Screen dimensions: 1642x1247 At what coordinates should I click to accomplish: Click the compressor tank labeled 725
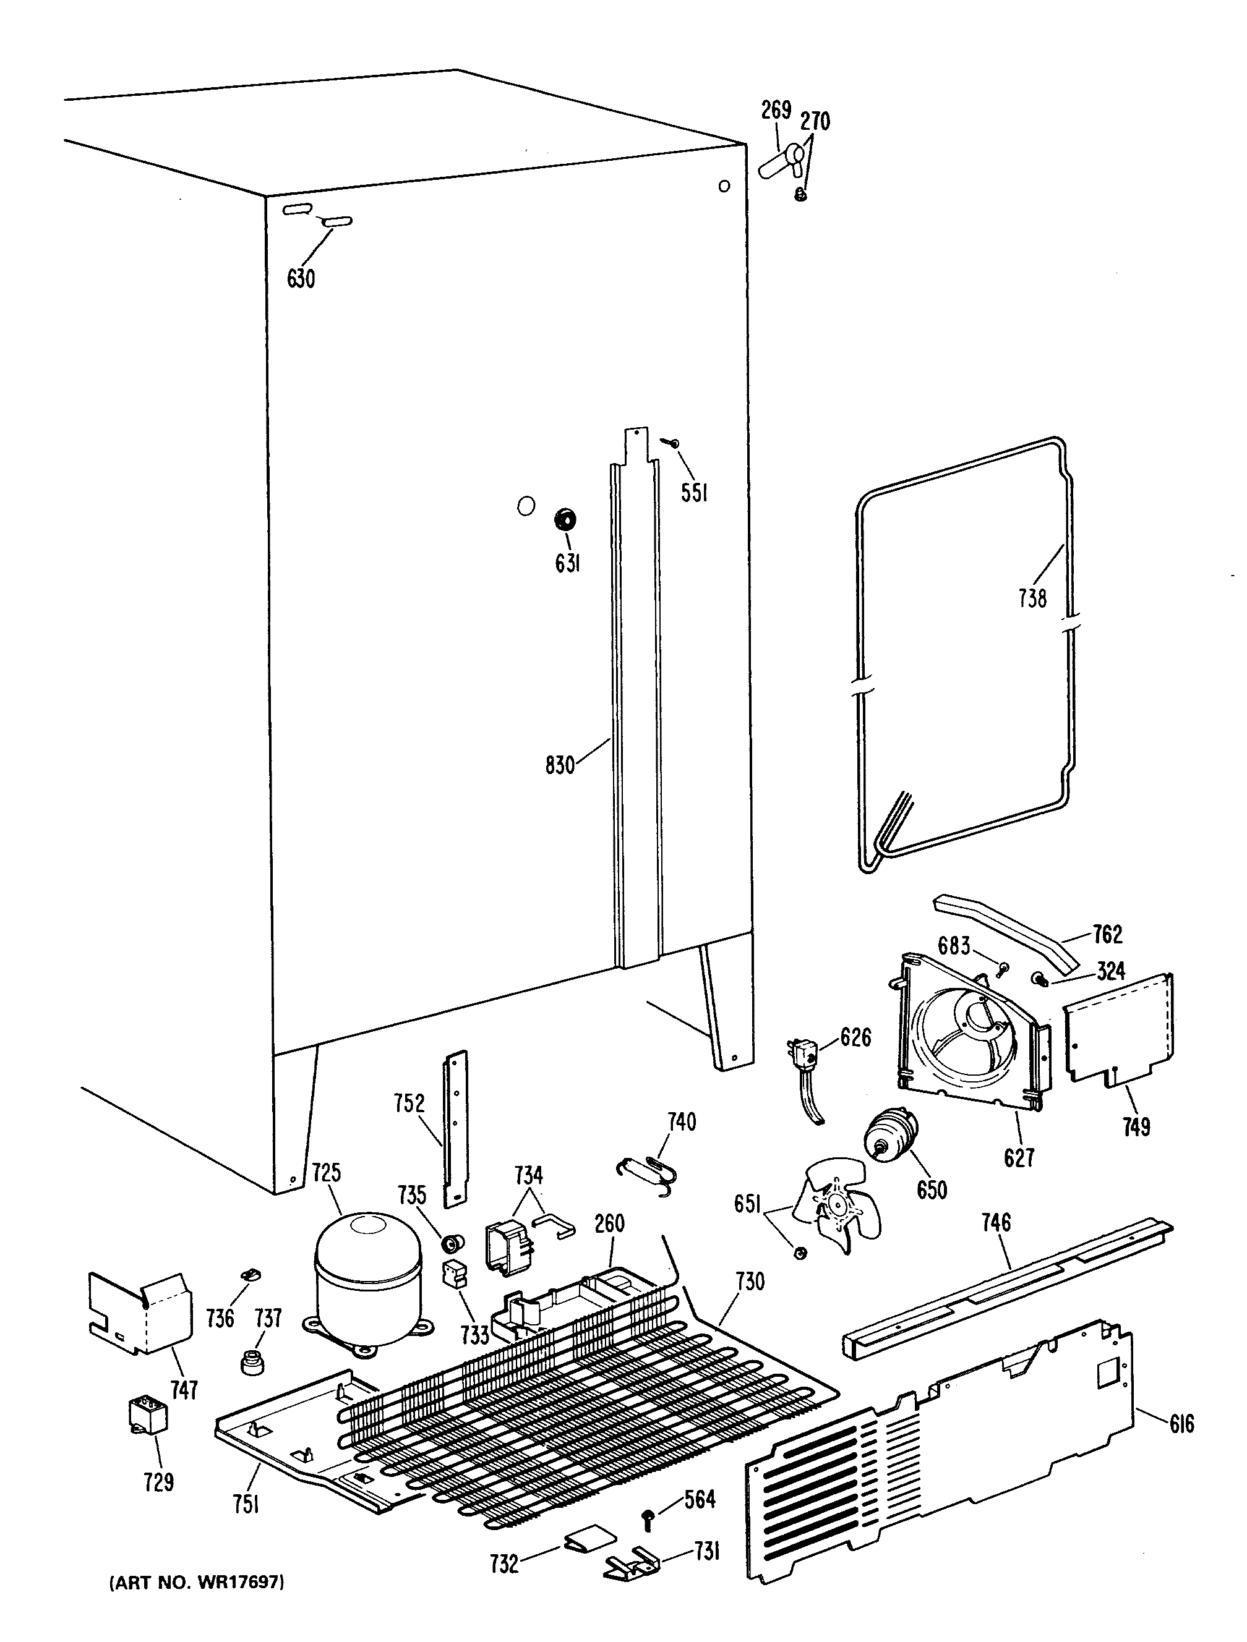(367, 1277)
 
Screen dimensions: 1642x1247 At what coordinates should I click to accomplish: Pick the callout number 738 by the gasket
(1032, 598)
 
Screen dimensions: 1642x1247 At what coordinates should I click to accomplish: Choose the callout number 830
(560, 765)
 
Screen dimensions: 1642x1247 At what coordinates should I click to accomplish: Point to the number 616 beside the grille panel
(1181, 1423)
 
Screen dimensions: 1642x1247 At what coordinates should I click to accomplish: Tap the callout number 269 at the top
(776, 110)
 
